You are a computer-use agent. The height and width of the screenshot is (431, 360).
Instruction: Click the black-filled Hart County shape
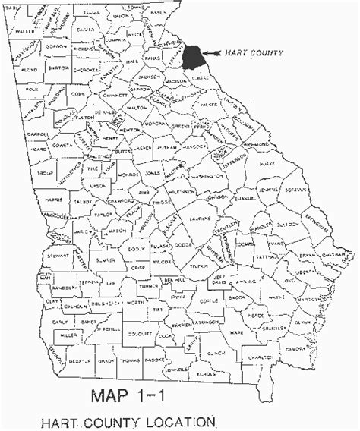[194, 57]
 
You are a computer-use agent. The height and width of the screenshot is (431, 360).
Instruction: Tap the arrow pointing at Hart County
[212, 53]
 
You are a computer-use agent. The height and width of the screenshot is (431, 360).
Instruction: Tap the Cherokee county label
[87, 71]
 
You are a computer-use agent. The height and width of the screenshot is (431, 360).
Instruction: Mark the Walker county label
[24, 33]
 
